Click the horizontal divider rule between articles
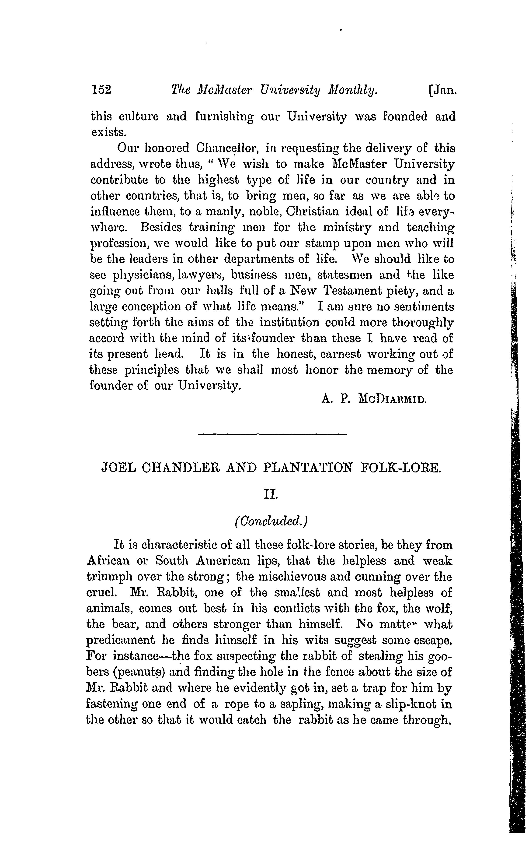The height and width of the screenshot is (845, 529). pos(272,434)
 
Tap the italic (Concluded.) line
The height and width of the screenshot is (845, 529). pos(271,521)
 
